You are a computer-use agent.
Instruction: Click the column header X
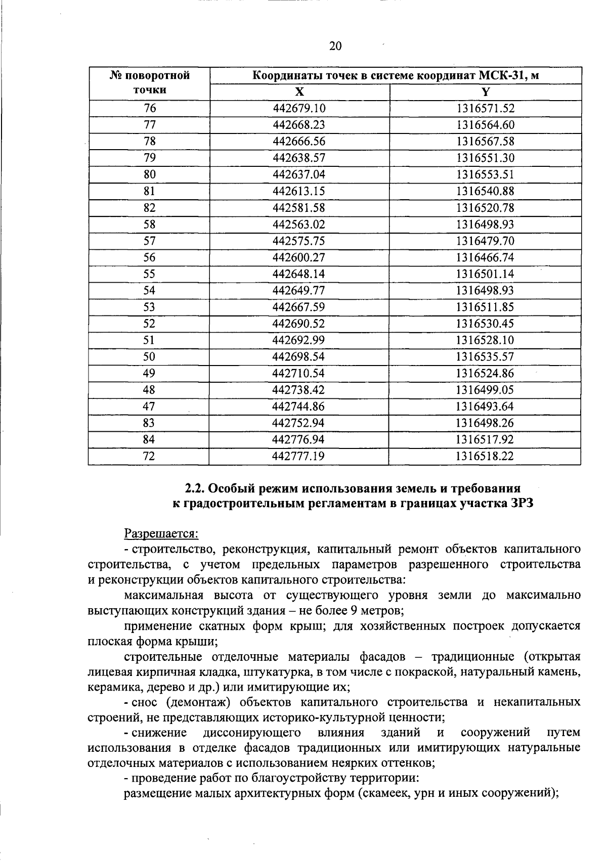click(299, 92)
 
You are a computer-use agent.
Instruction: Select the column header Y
click(485, 92)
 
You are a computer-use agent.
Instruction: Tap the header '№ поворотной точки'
click(149, 83)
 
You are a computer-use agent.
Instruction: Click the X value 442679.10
click(298, 108)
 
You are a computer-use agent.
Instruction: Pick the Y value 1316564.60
click(485, 125)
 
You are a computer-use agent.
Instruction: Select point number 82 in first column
click(149, 208)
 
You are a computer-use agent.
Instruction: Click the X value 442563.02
click(298, 224)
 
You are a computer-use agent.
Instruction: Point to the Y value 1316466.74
click(485, 257)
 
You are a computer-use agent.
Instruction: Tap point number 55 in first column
click(149, 274)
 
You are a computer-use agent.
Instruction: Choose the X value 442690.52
click(298, 324)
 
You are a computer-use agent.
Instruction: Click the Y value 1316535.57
click(485, 357)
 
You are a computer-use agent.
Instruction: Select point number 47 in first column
click(149, 406)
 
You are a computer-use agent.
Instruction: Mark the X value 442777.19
click(298, 457)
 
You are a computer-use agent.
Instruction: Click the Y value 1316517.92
click(485, 440)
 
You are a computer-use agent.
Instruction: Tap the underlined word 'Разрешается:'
click(161, 533)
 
